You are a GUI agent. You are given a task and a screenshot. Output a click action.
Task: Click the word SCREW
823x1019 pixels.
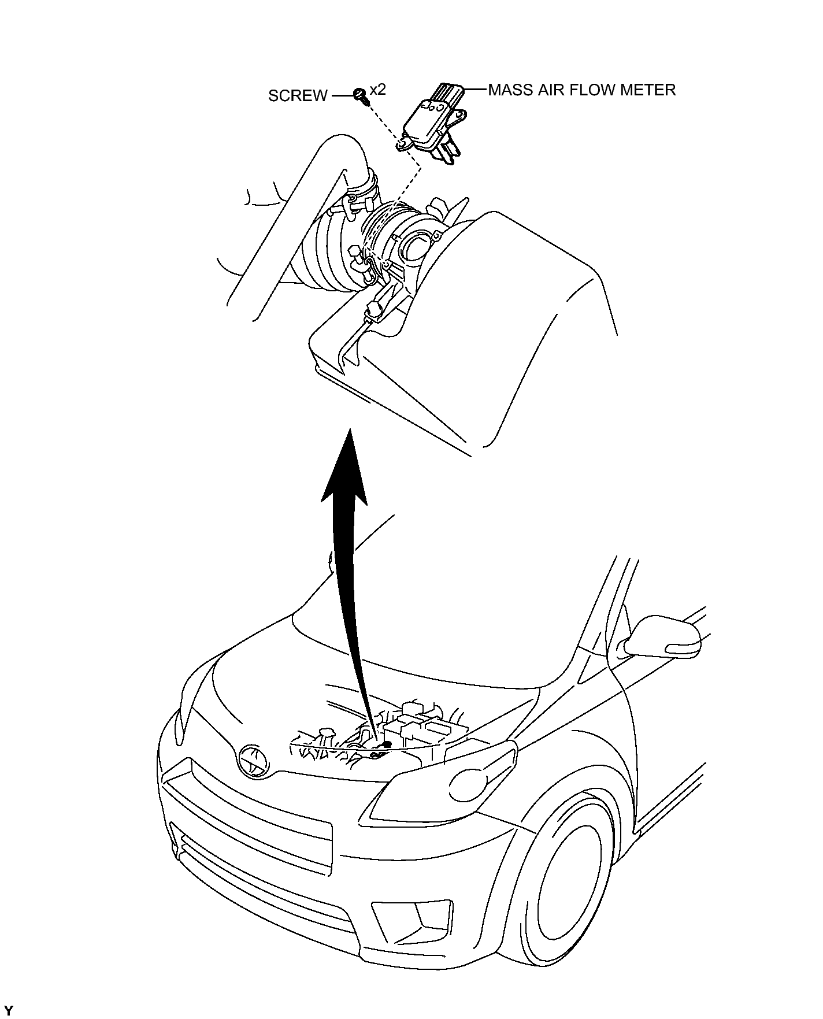coord(297,95)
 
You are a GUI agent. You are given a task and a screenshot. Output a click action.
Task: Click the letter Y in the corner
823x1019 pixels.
coord(8,1011)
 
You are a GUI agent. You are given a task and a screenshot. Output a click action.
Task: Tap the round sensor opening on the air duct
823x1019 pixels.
coord(417,246)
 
